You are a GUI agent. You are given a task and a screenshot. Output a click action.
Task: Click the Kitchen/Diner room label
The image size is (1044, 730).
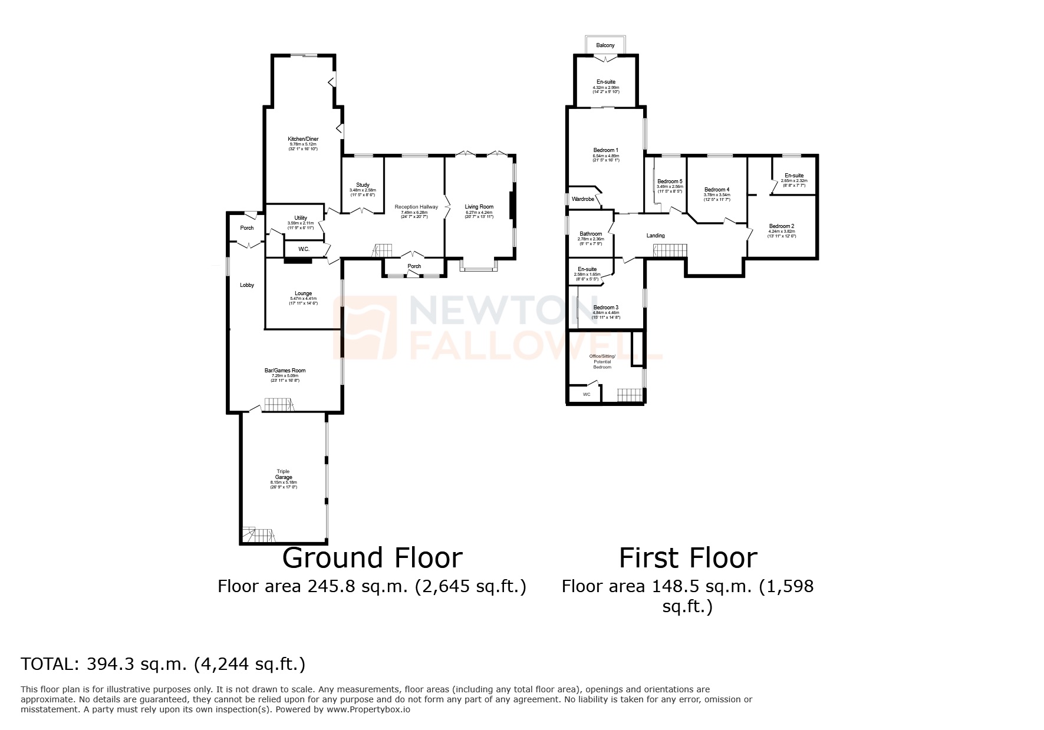(x=303, y=139)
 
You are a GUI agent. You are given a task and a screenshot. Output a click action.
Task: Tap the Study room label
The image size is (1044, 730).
(x=363, y=185)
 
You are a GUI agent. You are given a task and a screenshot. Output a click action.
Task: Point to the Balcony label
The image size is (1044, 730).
(x=605, y=45)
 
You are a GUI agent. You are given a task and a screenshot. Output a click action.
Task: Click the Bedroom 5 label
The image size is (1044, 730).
(x=670, y=181)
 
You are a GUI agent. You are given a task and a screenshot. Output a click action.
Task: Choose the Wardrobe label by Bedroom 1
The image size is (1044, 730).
(x=583, y=199)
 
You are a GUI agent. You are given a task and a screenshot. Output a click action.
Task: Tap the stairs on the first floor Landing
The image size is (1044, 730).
(x=670, y=250)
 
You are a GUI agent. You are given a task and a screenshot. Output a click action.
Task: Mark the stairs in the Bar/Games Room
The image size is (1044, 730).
(x=278, y=404)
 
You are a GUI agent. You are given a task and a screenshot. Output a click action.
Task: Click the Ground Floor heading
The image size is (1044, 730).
(x=372, y=558)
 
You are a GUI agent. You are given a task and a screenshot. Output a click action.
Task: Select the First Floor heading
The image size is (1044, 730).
(x=687, y=558)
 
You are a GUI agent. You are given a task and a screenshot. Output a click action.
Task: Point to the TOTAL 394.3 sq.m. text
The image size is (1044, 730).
(x=163, y=664)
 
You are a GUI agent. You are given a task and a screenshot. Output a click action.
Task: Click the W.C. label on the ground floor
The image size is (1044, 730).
(x=304, y=249)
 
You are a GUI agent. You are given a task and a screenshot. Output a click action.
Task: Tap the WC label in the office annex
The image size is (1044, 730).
(x=586, y=394)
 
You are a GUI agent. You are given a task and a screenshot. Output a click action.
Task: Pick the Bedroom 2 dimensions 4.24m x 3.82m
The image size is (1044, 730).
(x=782, y=232)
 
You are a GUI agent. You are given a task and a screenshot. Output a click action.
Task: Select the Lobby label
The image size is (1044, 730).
(x=247, y=285)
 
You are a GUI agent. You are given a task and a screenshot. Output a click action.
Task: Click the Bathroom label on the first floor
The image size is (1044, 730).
(x=591, y=234)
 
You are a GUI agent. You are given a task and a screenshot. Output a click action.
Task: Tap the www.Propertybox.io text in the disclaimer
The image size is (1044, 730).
(x=368, y=709)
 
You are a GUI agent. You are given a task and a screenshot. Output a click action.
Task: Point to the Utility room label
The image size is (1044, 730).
(x=301, y=218)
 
